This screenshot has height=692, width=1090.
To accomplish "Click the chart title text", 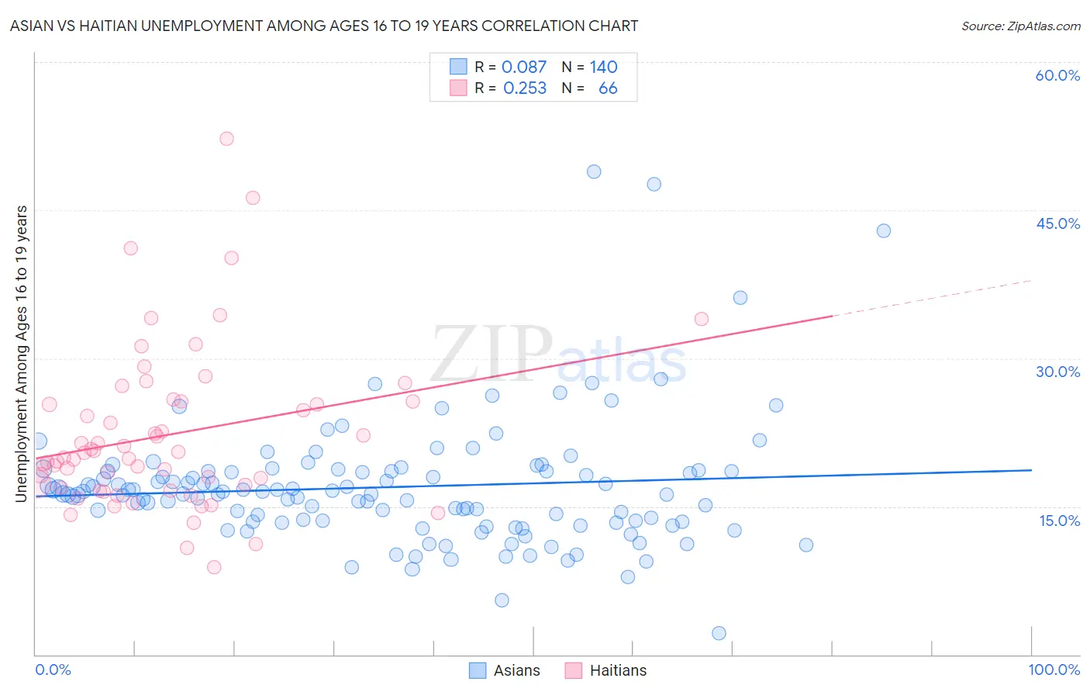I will pos(324,26).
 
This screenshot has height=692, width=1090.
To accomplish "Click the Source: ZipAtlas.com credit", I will pos(1020,26).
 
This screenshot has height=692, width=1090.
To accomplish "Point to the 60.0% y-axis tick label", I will pos(1057,75).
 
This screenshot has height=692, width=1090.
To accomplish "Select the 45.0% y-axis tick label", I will pos(1057,223).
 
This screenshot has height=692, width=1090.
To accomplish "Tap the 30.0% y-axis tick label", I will pos(1057,372).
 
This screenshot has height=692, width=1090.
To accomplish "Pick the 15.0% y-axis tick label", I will pos(1059,521).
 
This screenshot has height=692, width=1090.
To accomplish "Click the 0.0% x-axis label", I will pos(53,670).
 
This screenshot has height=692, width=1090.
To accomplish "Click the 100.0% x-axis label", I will pos(1054,670).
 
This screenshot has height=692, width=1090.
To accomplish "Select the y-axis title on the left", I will pos(21,354).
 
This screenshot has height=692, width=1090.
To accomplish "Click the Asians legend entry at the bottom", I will pos(505,670).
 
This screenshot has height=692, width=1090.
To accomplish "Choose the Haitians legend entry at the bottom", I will pos(605,670).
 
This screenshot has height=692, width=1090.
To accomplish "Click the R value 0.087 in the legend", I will pos(524,67).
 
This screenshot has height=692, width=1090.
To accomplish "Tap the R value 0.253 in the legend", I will pos(525,88).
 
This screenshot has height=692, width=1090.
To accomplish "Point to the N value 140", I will pos(603,67).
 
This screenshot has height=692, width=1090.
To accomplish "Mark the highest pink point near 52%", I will pos(226,139).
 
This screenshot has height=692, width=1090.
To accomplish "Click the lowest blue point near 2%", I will pos(719,633).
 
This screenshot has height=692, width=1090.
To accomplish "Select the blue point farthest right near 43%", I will pos(883,230).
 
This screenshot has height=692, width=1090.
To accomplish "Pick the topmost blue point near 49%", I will pos(594,171).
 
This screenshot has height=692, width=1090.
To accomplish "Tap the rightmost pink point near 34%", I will pos(702,319).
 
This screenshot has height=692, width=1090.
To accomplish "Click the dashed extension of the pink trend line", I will pos(930,298).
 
